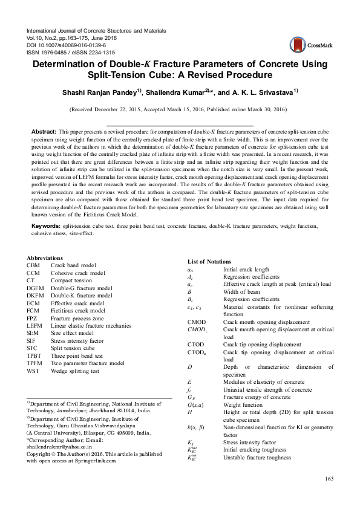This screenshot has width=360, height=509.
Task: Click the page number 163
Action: tap(329, 479)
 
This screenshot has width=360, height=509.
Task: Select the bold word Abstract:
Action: tap(44, 131)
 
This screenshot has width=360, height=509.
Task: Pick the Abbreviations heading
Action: tap(47, 276)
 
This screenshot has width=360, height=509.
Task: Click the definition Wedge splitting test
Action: tap(75, 371)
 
